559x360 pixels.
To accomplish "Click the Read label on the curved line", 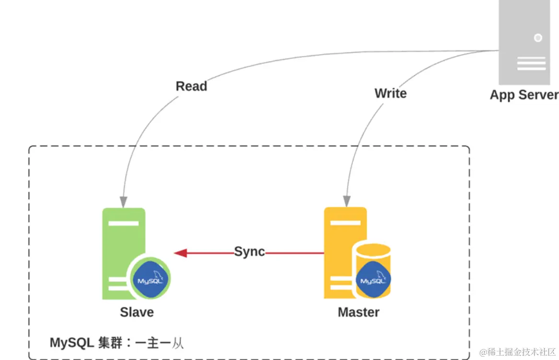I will tap(191, 86).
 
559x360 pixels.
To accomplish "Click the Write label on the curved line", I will tap(390, 93).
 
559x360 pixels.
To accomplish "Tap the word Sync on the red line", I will tap(249, 252).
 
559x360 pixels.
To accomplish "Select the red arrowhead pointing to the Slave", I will tap(180, 253).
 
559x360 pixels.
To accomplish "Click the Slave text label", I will tap(137, 313).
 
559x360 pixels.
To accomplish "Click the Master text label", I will tap(358, 313).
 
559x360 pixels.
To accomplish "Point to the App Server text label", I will tap(524, 95).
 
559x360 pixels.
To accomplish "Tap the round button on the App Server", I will tap(538, 37).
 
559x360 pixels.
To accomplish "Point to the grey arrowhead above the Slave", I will tap(124, 202).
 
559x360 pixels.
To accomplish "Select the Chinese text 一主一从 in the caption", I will tap(160, 343).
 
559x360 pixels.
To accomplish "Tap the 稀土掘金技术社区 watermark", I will tap(517, 352).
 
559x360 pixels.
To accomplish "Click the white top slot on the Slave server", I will tap(123, 223).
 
